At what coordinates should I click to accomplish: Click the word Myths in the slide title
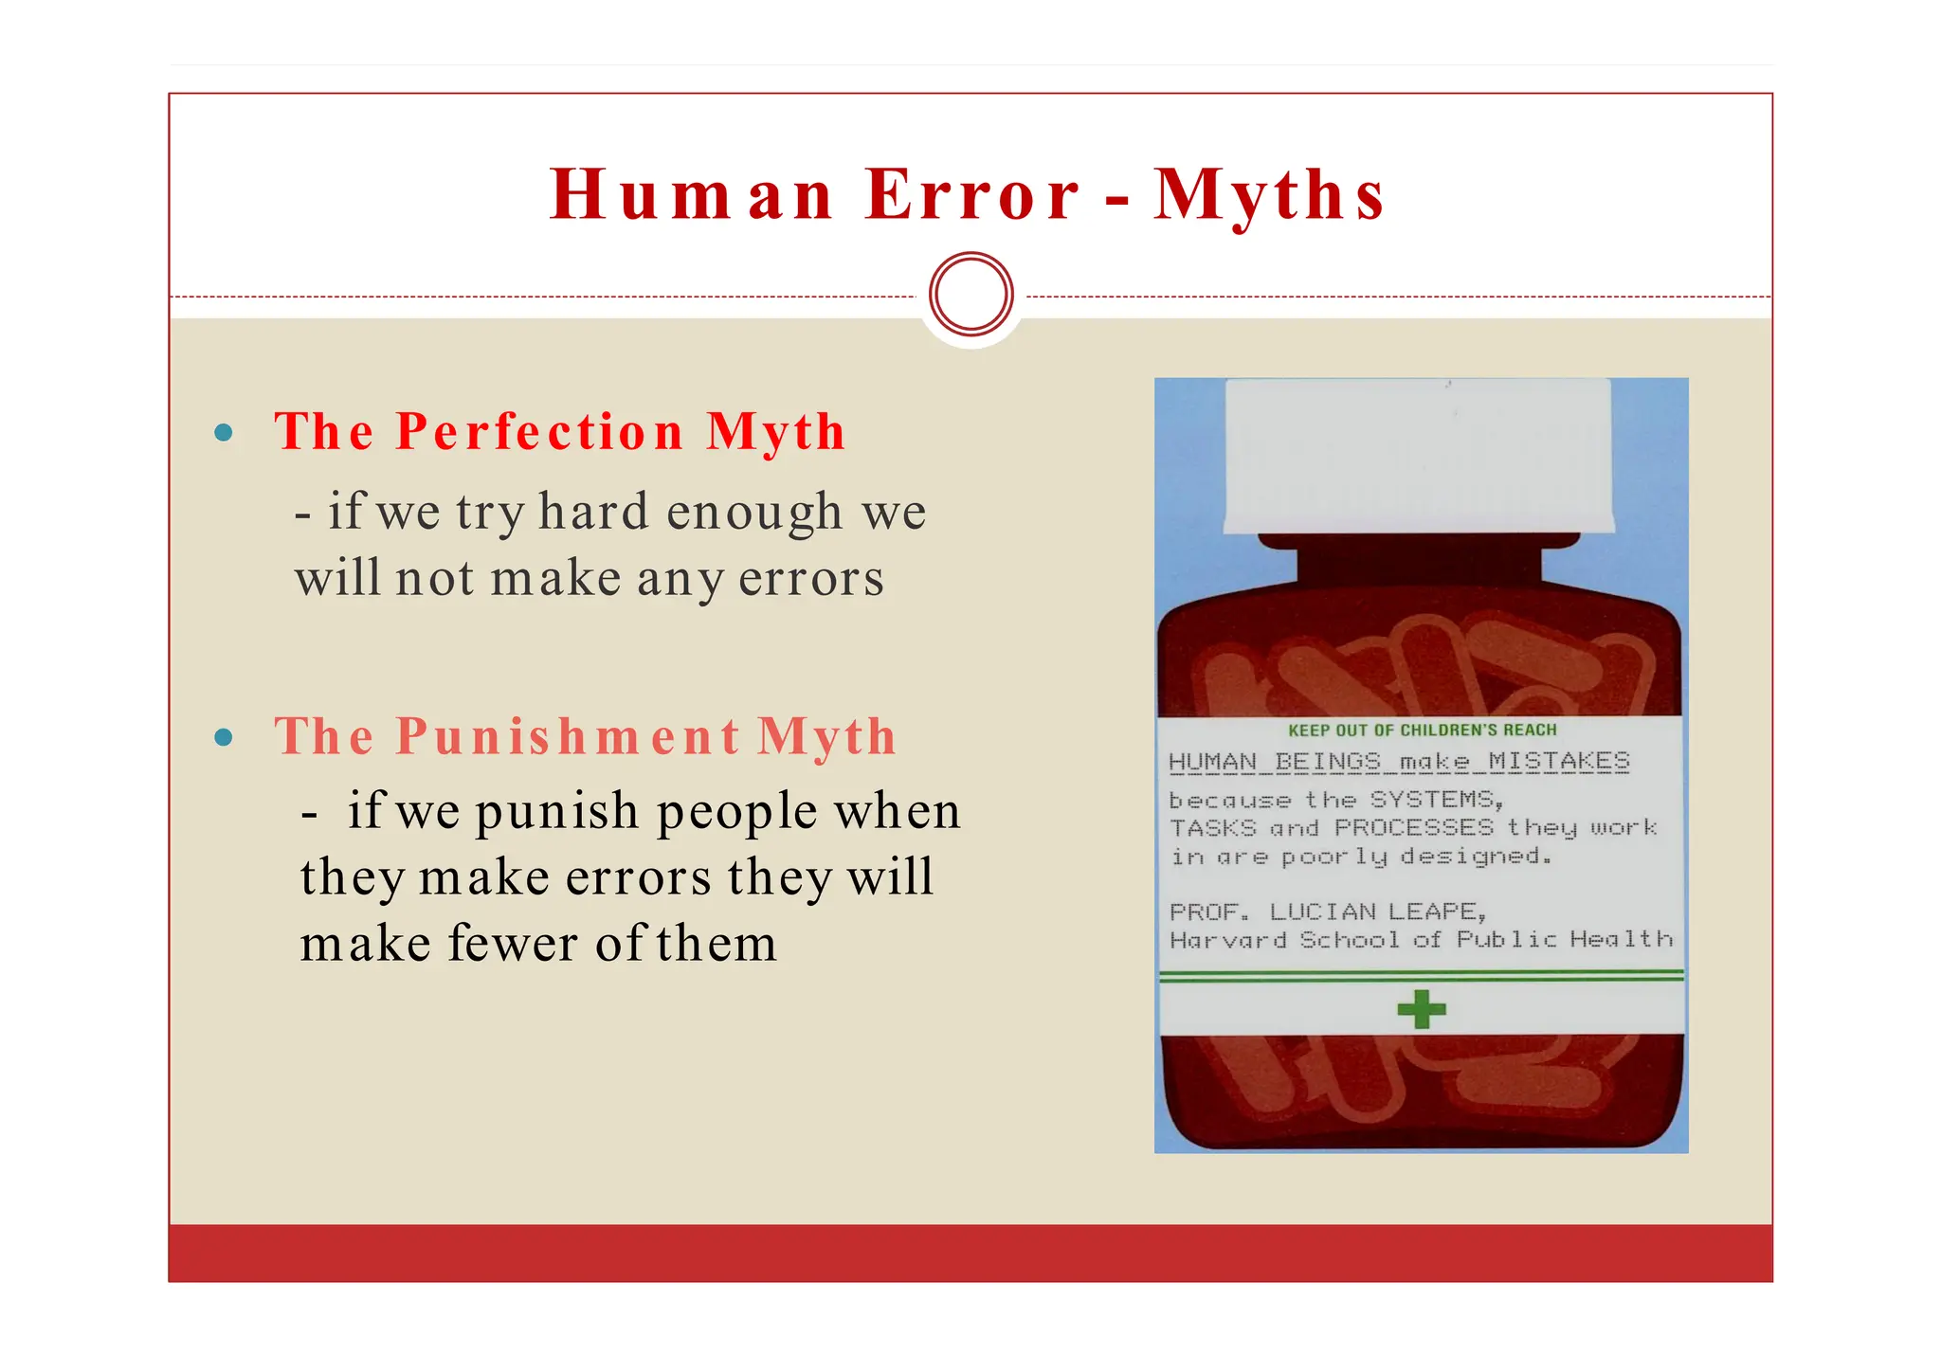coord(1270,195)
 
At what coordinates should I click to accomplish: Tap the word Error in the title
coord(972,195)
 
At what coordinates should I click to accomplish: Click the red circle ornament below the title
coord(971,294)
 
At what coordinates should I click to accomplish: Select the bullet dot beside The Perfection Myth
coord(224,433)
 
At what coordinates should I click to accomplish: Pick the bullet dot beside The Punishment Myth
coord(224,737)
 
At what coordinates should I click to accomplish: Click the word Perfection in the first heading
coord(539,432)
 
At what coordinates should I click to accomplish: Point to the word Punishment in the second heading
coord(568,736)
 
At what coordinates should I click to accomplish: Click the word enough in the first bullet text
coord(754,512)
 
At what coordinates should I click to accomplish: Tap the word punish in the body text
coord(557,812)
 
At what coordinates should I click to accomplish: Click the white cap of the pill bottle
coord(1418,455)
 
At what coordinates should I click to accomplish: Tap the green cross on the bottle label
coord(1422,1009)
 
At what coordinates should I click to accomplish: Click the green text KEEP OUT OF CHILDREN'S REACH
coord(1422,730)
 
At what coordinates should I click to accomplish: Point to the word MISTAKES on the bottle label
coord(1559,761)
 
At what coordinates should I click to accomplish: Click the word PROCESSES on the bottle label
coord(1413,827)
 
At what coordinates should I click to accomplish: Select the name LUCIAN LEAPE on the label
coord(1376,912)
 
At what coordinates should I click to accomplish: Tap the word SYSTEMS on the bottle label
coord(1435,800)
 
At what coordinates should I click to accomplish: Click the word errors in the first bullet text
coord(811,578)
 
